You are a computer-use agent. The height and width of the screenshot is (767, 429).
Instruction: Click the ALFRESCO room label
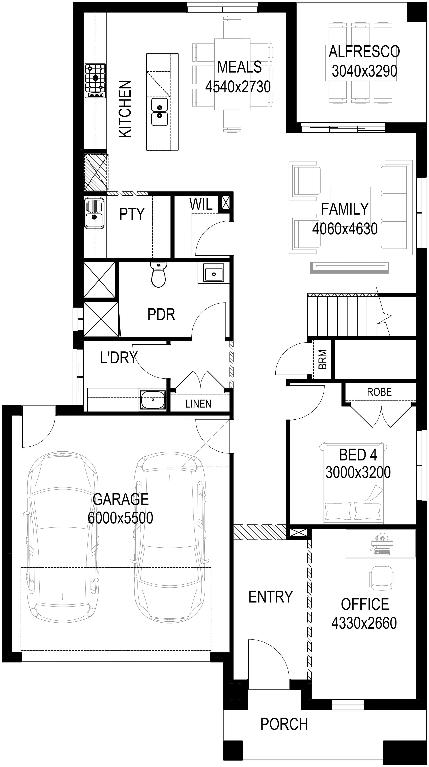(x=364, y=52)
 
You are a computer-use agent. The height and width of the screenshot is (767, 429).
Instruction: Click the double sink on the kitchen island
(x=159, y=112)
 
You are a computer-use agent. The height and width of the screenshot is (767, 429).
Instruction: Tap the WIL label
(x=201, y=205)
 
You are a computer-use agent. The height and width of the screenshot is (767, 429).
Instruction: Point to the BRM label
(x=323, y=359)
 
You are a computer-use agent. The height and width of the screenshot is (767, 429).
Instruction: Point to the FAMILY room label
(x=345, y=209)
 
